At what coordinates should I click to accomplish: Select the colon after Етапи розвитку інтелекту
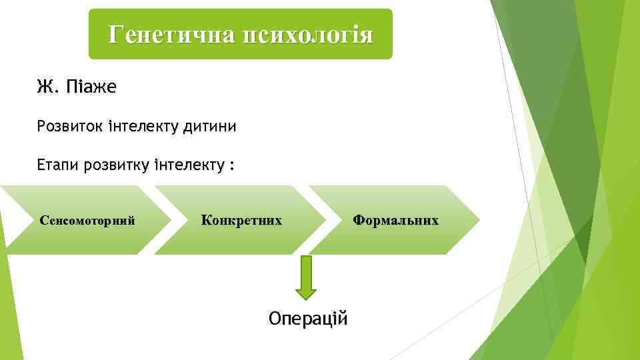pos(231,166)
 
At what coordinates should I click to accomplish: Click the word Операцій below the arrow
pos(308,318)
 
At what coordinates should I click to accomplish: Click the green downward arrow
pos(306,277)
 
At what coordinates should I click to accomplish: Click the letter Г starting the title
pos(115,34)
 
